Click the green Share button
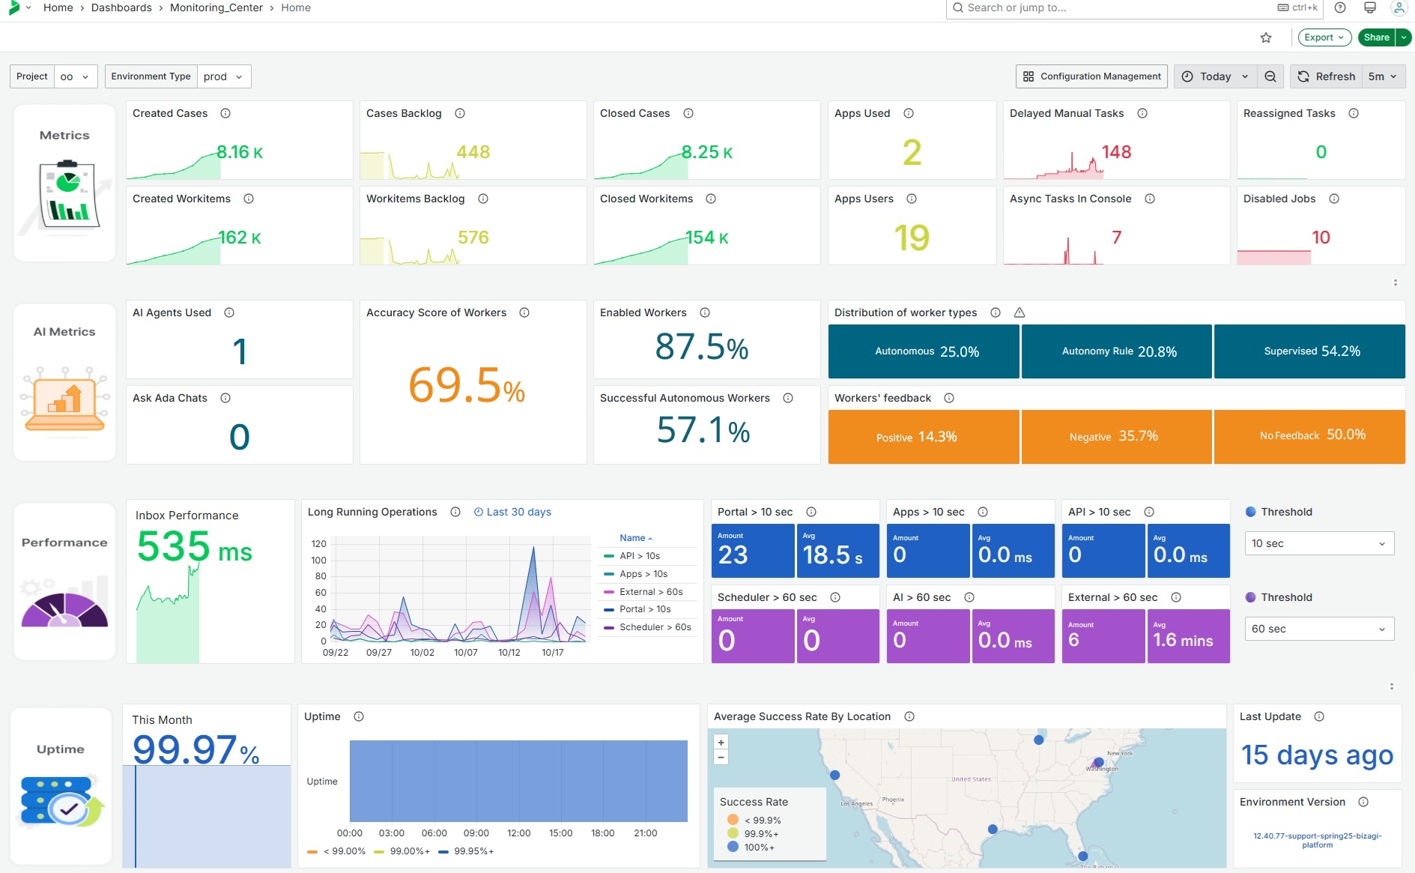click(1376, 37)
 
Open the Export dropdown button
click(1324, 37)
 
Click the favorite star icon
click(1266, 37)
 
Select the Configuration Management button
click(1091, 76)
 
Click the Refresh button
click(1327, 76)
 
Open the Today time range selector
click(1215, 76)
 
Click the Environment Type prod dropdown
click(223, 76)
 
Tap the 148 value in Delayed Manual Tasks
click(1116, 152)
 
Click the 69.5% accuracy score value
click(466, 386)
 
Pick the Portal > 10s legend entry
click(644, 609)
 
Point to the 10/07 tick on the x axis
click(466, 653)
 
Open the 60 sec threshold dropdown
click(1318, 629)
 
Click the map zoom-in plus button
click(721, 743)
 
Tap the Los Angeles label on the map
click(857, 803)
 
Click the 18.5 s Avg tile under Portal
click(837, 552)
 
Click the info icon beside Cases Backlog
click(460, 113)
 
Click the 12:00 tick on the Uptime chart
click(518, 833)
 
